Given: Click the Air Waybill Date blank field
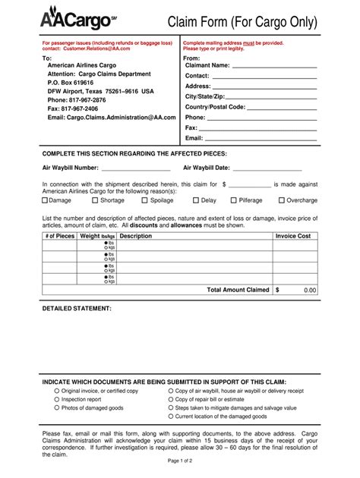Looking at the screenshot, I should pos(267,168).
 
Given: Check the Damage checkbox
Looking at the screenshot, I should pos(44,201).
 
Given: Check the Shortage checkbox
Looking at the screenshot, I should pos(95,201).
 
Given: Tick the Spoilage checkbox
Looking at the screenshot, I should pos(144,201).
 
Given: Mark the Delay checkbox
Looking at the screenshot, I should pos(196,201).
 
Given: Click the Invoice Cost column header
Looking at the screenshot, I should pos(293,237).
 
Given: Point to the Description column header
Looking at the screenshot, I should pos(136,237).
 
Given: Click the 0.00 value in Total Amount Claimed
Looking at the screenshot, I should pos(309,290).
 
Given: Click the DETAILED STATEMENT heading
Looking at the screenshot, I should pos(77,309).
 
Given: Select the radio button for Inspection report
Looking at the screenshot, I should pos(57,399).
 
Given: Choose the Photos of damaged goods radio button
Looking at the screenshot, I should pos(57,408).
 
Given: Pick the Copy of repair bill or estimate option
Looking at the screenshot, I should pos(169,399).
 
